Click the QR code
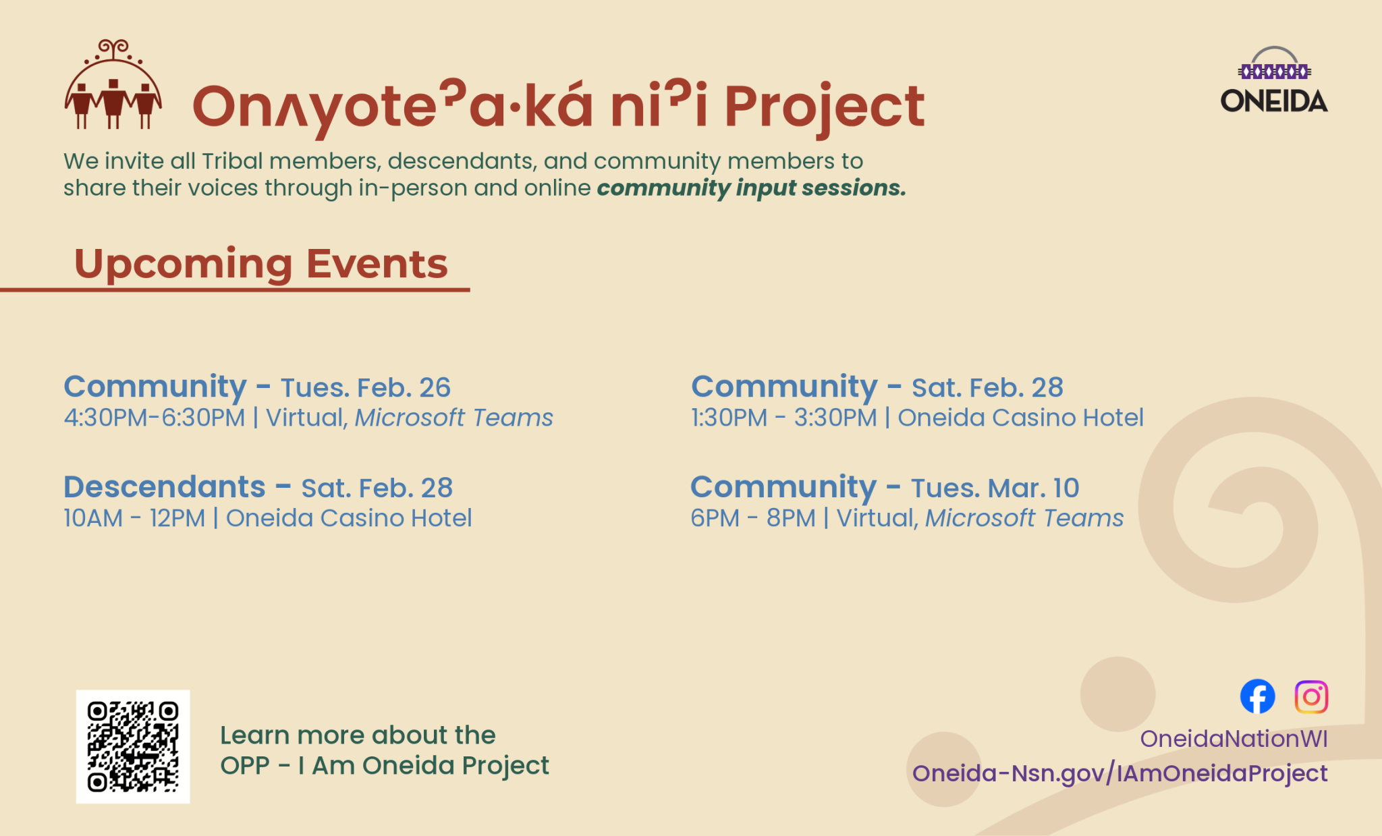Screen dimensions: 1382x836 (x=133, y=746)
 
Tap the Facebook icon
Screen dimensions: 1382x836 (x=1257, y=696)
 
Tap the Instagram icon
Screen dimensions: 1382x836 (x=1311, y=696)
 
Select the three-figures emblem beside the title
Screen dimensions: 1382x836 (x=113, y=84)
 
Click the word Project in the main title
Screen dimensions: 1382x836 (x=824, y=107)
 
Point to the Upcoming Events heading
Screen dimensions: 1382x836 (x=260, y=263)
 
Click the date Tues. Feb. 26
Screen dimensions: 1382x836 (x=365, y=387)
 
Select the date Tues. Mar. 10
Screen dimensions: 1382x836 (x=995, y=488)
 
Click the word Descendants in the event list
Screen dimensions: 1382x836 (x=165, y=486)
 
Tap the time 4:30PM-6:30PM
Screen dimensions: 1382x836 (x=154, y=418)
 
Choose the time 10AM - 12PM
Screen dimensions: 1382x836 (x=134, y=518)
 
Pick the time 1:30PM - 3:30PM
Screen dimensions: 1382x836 (x=783, y=418)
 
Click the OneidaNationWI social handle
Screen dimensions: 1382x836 (x=1234, y=739)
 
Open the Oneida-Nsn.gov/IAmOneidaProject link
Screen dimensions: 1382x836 (x=1120, y=773)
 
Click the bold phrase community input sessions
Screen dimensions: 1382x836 (x=751, y=188)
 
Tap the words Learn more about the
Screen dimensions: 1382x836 (x=358, y=735)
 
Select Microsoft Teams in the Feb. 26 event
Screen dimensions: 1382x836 (x=453, y=418)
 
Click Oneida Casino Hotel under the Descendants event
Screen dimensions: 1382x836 (x=348, y=518)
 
